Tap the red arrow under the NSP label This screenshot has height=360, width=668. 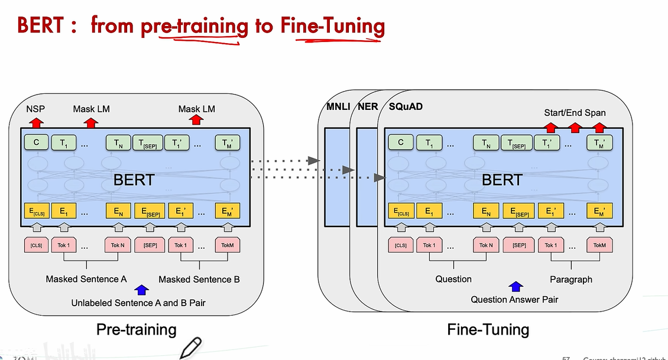[36, 122]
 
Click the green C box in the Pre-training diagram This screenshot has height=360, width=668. [36, 142]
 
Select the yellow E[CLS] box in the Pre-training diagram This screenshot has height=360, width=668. [36, 211]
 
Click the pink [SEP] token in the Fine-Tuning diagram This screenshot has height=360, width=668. [519, 245]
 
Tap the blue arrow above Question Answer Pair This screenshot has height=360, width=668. [516, 287]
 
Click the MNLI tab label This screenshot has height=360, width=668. [338, 107]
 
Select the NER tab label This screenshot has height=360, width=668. [368, 107]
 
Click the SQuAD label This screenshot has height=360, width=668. [406, 107]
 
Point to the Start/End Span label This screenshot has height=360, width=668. [575, 112]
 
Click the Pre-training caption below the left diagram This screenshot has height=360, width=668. [137, 329]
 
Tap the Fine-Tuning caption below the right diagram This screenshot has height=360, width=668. [488, 329]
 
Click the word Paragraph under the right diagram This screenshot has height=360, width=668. [571, 279]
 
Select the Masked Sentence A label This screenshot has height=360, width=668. [86, 279]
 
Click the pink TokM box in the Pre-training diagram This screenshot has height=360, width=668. [228, 245]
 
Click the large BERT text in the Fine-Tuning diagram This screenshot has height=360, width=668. [502, 180]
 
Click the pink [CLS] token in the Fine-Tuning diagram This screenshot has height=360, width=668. [400, 245]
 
